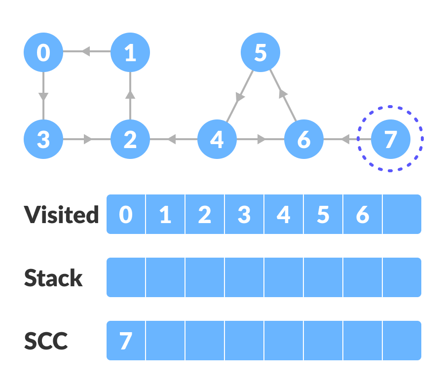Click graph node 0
[x=43, y=52]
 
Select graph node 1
[x=130, y=52]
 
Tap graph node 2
[x=130, y=140]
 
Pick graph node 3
[x=43, y=140]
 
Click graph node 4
[x=217, y=140]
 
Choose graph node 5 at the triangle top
[x=260, y=52]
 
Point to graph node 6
[x=304, y=140]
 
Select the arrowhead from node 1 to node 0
[x=85, y=51]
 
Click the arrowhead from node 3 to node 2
[x=88, y=140]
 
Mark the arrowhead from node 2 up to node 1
[x=130, y=94]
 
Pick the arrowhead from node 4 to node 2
[x=172, y=140]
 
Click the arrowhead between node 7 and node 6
[x=346, y=140]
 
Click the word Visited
[x=62, y=215]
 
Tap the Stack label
[x=53, y=278]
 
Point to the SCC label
[x=46, y=341]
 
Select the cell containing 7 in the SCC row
[x=126, y=341]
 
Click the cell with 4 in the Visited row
[x=284, y=215]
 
